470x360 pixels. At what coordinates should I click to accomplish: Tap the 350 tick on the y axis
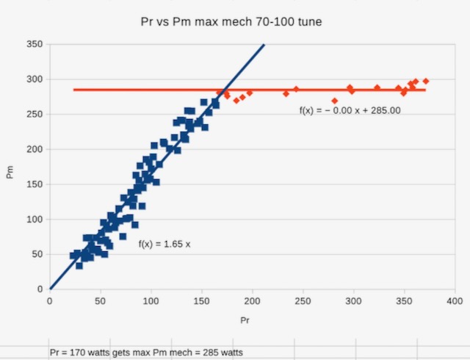pos(35,44)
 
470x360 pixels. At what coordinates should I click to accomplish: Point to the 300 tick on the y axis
pos(35,79)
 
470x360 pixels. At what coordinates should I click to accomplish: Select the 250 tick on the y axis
pos(35,114)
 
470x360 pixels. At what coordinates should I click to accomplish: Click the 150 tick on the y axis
pos(35,184)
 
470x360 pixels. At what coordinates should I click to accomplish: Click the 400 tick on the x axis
pos(455,301)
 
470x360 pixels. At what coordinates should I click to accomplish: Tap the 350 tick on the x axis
pos(404,301)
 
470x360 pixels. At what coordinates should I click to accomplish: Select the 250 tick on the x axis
pos(303,301)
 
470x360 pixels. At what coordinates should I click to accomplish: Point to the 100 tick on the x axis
pos(151,301)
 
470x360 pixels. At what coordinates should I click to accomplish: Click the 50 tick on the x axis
pos(101,301)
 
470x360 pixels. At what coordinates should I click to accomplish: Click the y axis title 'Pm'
pos(10,172)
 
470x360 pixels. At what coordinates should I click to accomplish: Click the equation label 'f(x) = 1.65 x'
pos(164,244)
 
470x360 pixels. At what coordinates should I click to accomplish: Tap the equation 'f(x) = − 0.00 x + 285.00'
pos(350,111)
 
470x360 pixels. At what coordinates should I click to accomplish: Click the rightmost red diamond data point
pos(426,81)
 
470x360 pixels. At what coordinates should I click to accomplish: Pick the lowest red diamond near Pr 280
pos(335,101)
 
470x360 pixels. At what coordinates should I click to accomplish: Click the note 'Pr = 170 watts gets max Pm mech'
pos(145,352)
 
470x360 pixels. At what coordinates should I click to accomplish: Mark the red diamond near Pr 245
pos(297,90)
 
